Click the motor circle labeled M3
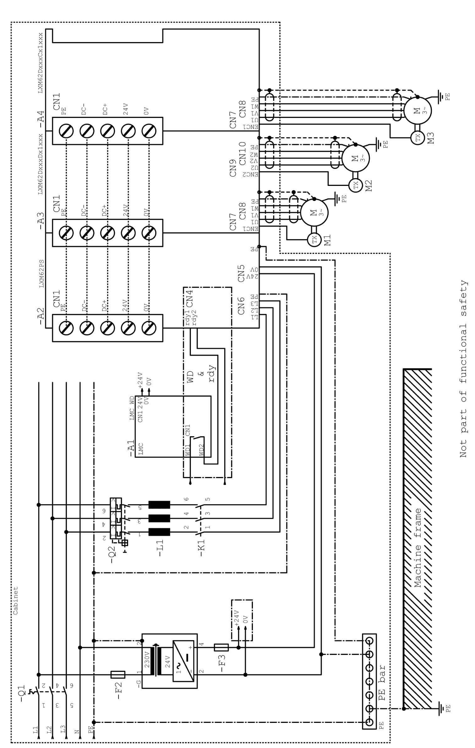418,110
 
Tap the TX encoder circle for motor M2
356,185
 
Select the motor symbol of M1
314,213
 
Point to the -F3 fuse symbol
221,648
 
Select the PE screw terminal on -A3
67,233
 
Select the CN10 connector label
242,153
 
